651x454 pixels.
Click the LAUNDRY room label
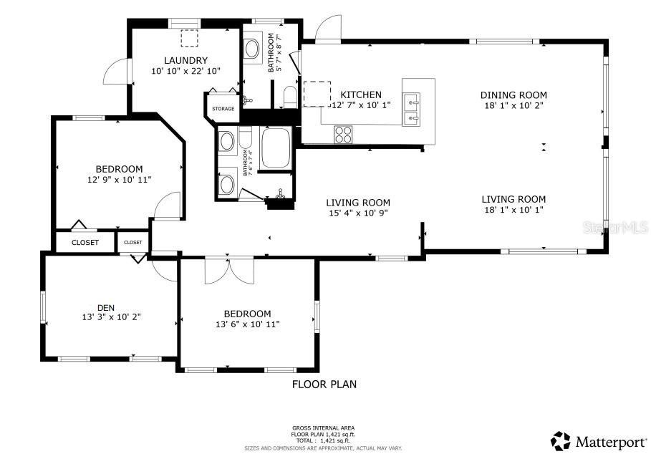pos(185,60)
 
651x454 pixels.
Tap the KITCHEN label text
pos(360,95)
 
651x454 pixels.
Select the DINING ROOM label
pos(513,95)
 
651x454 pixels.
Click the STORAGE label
pos(223,109)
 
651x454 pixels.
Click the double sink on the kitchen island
pos(413,109)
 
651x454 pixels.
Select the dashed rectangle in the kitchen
pos(316,93)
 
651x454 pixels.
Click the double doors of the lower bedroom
pos(229,270)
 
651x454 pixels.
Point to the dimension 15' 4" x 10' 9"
pos(358,213)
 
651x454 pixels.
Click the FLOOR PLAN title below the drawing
pos(324,385)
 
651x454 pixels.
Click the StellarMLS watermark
pos(615,228)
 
